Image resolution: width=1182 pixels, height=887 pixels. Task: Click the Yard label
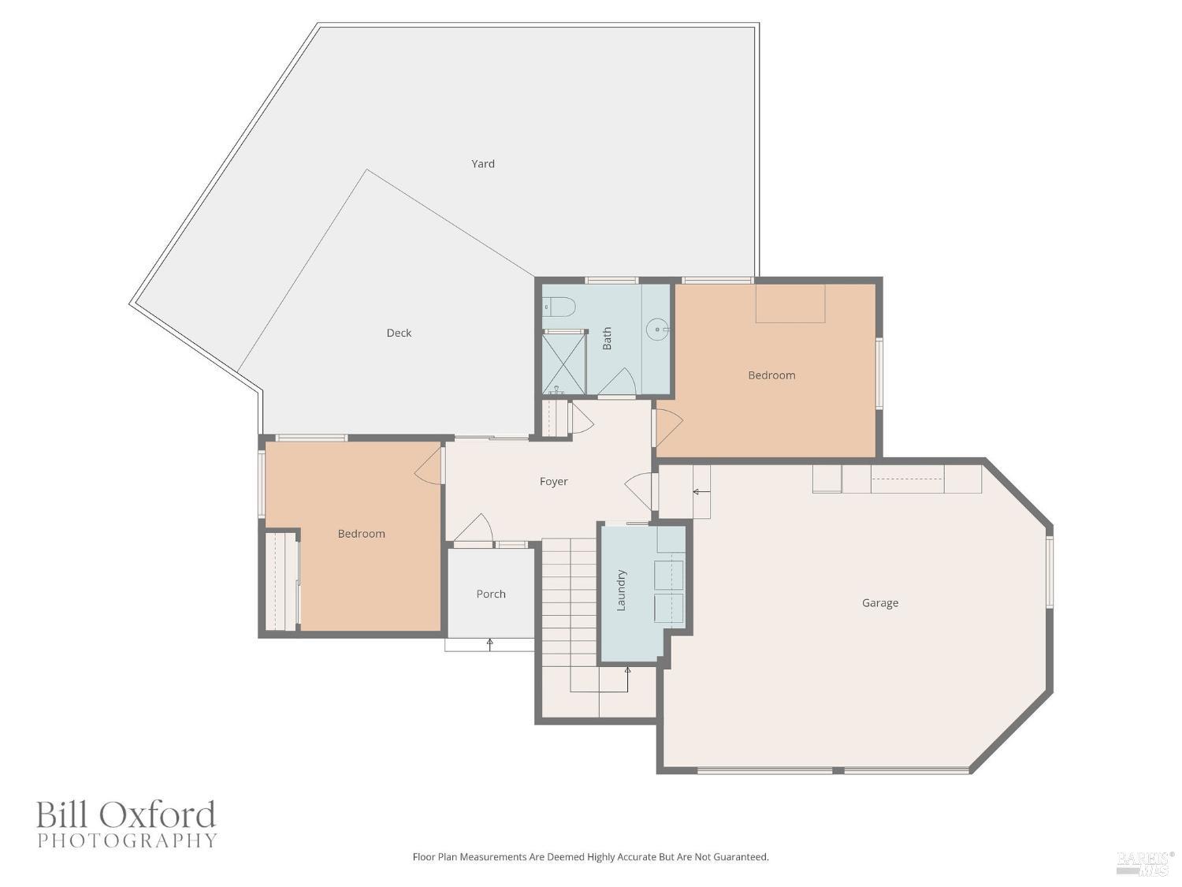pos(483,164)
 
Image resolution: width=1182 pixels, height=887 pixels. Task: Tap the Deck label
pos(399,333)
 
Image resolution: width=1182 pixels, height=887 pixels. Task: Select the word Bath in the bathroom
pos(607,338)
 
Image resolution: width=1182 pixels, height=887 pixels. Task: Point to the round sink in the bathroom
pos(657,330)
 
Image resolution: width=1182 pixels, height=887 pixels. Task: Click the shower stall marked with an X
pos(563,363)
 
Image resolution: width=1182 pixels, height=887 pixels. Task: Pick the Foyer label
pos(553,482)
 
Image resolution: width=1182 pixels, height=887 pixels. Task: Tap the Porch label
pos(491,594)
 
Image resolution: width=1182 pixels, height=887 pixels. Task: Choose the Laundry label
pos(621,590)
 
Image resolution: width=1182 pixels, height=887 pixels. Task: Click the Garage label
pos(879,603)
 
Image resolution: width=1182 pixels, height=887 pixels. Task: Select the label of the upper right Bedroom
pos(771,375)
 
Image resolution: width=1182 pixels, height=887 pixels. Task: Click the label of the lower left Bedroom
pos(361,534)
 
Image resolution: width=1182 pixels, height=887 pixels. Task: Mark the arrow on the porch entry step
pos(489,643)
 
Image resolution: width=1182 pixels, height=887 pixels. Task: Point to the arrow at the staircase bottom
pos(627,672)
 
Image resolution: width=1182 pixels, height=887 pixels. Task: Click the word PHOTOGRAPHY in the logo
pos(127,840)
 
